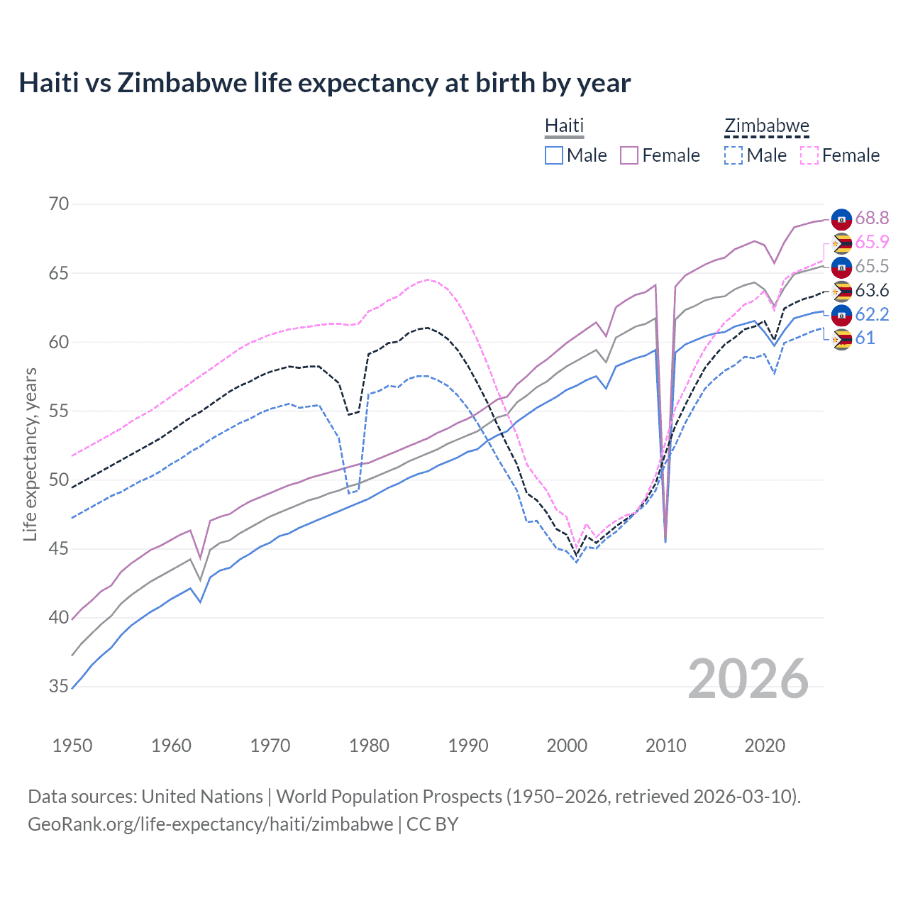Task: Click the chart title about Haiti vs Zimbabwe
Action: point(324,83)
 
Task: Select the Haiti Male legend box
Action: point(554,155)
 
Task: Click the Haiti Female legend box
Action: point(629,155)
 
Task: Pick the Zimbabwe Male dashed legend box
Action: point(733,155)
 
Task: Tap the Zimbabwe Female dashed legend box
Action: point(809,155)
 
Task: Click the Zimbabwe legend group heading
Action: point(766,126)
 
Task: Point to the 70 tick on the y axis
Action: point(59,204)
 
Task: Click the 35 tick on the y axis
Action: point(59,687)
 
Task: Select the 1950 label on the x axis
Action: point(72,746)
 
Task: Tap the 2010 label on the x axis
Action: point(665,746)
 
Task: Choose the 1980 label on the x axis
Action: point(369,746)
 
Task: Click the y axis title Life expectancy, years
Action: point(30,454)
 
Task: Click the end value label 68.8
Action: point(872,218)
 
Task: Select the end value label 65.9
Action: point(872,243)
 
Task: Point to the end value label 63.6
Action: point(872,291)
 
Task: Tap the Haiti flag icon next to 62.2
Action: point(841,315)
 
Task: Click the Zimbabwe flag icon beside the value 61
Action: point(841,339)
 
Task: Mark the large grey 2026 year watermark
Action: point(748,679)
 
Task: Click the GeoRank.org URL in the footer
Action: point(210,824)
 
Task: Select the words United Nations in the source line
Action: point(202,797)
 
